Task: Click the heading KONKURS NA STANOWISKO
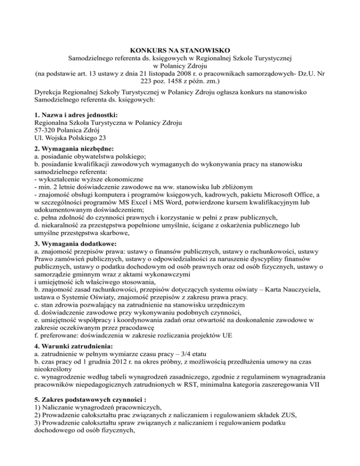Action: pos(180,50)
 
